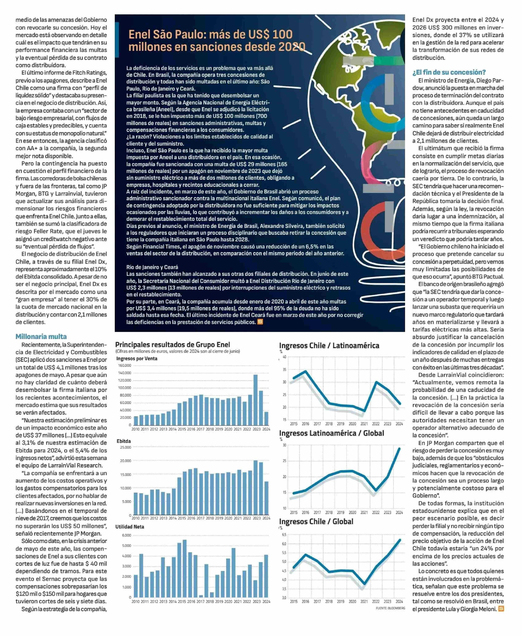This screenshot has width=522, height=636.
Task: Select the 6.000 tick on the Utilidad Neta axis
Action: [x=127, y=535]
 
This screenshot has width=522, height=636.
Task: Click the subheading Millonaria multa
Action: [x=41, y=337]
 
